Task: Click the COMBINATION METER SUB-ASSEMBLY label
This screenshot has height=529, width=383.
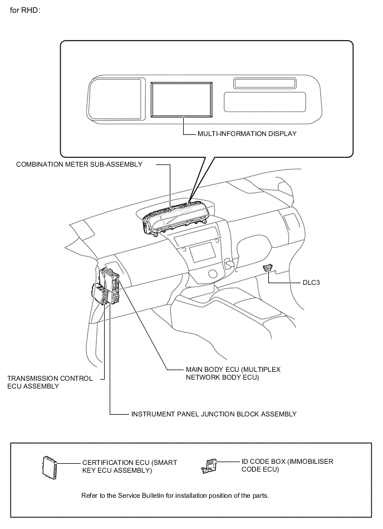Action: coord(79,164)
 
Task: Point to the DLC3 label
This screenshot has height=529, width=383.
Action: coord(311,283)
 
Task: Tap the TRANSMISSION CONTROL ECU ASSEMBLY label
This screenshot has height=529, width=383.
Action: coord(50,382)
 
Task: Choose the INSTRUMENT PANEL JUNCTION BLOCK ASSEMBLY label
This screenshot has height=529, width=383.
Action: coord(214,414)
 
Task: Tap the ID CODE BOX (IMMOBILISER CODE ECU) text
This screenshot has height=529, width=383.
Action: coord(287,465)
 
